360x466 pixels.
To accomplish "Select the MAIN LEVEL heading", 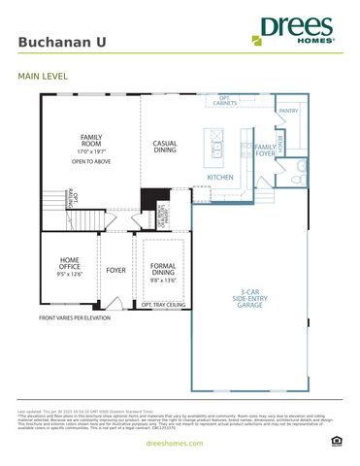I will click(41, 75).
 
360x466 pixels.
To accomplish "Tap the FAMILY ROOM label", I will click(91, 141).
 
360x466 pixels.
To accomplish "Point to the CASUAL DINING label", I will click(165, 147).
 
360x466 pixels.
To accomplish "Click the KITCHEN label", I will click(220, 178).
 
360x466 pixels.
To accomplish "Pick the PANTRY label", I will click(288, 111).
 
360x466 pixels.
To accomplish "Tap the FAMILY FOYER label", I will click(265, 150).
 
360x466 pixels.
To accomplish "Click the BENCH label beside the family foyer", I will click(279, 143).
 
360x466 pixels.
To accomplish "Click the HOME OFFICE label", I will click(70, 263).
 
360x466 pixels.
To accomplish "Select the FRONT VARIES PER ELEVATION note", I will click(75, 317).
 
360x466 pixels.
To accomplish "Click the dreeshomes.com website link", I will click(180, 443).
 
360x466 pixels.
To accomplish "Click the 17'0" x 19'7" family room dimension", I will click(91, 152).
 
